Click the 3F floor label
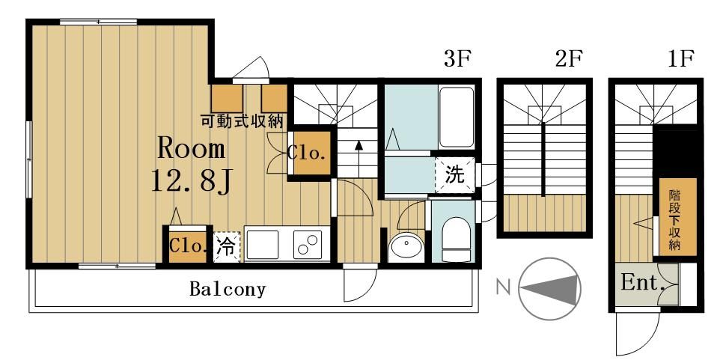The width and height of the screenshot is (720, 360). [456, 60]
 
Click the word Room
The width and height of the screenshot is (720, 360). [191, 148]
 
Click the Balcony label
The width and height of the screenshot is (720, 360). [228, 289]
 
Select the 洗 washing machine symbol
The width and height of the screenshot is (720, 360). [454, 177]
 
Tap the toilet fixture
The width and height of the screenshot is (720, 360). [454, 234]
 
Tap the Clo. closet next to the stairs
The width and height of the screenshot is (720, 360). [308, 154]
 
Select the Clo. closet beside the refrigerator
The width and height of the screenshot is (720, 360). [186, 245]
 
